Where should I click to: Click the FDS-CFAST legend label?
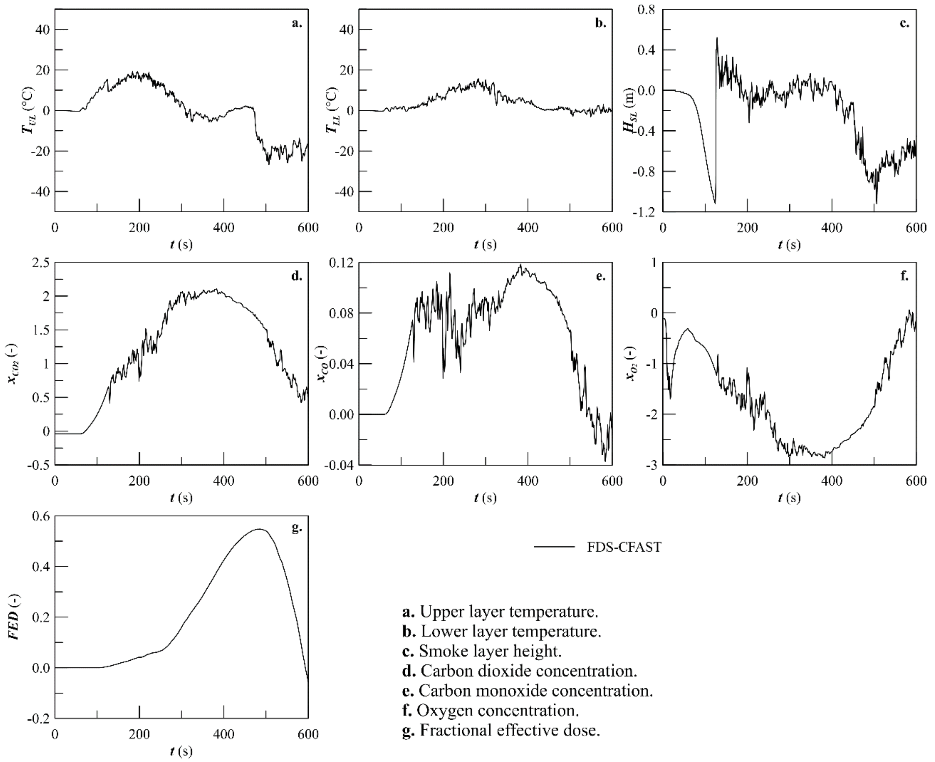[624, 547]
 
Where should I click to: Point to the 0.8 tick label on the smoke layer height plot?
[645, 10]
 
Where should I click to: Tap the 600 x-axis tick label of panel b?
[612, 228]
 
